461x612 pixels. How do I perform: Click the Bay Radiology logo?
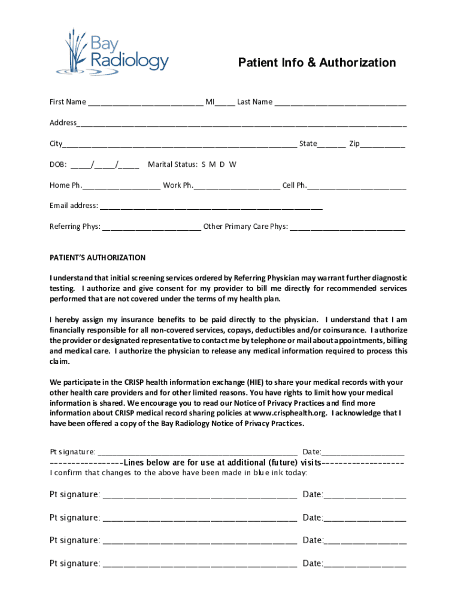112,53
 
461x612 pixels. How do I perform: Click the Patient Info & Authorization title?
317,63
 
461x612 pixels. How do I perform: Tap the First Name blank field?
145,103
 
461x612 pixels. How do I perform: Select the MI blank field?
225,103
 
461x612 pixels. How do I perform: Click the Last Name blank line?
340,103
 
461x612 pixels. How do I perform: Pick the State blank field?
331,145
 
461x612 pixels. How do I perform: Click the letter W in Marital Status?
233,164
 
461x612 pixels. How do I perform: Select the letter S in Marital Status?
204,164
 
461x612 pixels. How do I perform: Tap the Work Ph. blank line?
236,186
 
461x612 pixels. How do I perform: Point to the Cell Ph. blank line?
357,186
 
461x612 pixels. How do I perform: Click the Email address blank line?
211,207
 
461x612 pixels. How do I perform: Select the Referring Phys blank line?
151,228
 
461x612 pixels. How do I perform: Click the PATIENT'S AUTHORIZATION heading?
98,258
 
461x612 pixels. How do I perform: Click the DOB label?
57,164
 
